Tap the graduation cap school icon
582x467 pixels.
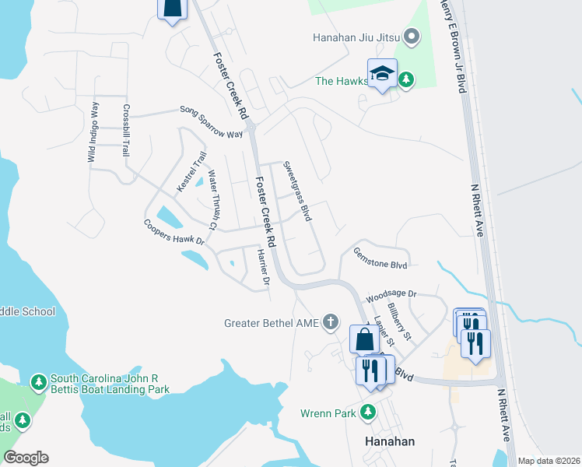tap(382, 73)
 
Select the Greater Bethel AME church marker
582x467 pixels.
tap(331, 322)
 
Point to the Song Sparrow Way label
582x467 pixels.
tap(212, 122)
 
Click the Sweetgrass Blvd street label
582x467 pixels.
tap(297, 191)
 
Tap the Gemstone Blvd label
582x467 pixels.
tap(380, 258)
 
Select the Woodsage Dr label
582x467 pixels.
tap(392, 295)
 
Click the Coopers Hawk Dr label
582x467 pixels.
tap(173, 232)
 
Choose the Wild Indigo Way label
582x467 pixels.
tap(92, 132)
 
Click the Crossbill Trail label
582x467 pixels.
tap(124, 131)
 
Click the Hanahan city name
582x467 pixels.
tap(390, 441)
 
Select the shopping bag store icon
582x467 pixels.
tap(364, 339)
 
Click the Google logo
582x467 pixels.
tap(26, 458)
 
